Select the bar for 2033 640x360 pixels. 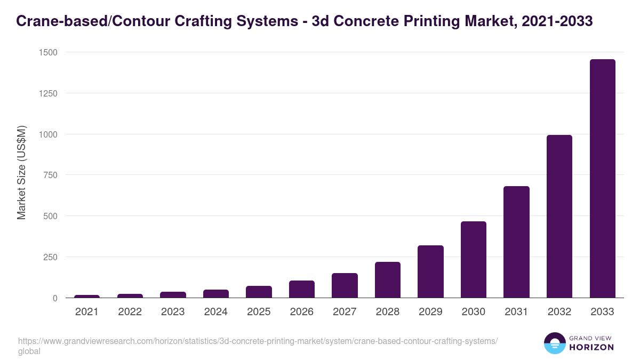pos(602,179)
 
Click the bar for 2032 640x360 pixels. pos(559,217)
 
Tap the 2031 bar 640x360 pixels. pos(516,242)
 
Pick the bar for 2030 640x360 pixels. pos(474,260)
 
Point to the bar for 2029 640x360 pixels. pos(430,271)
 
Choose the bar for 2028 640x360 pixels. pos(388,280)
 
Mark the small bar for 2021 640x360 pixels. pos(87,296)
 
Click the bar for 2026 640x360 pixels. pos(302,289)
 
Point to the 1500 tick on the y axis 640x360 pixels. pos(48,52)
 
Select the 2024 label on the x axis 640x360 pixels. pos(215,312)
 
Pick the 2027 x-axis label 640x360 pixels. pos(345,312)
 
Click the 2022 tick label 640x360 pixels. pos(130,312)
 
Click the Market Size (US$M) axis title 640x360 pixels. pos(21,172)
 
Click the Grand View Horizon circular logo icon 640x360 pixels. pos(555,343)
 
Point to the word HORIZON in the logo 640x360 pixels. pos(591,347)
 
